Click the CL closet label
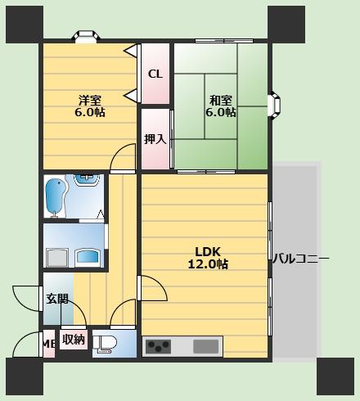click(x=155, y=74)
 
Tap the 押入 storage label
click(x=155, y=139)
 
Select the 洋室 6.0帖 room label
click(x=90, y=106)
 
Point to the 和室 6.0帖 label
click(x=221, y=106)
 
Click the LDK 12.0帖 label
click(x=208, y=258)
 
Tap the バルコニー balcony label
click(x=301, y=258)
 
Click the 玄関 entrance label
click(x=57, y=299)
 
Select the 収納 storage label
click(x=74, y=340)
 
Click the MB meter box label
click(x=49, y=344)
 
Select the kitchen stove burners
click(x=158, y=346)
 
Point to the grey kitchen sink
click(x=206, y=346)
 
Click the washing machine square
click(x=57, y=257)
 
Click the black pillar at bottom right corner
click(x=335, y=376)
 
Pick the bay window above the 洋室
click(x=86, y=37)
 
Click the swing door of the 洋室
click(x=123, y=158)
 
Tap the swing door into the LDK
click(x=152, y=288)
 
